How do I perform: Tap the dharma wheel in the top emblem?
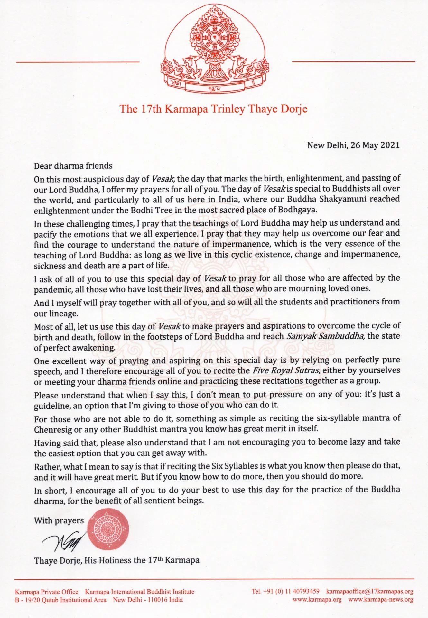pos(214,39)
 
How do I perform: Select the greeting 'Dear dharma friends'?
pos(73,166)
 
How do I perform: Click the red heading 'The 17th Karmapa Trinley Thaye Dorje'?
pos(214,109)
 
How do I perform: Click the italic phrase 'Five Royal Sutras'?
pos(285,370)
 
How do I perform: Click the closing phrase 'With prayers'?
pos(59,520)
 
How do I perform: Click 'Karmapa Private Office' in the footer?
pos(47,592)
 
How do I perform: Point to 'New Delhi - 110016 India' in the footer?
pos(148,600)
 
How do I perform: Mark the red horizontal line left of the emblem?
pos(78,61)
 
